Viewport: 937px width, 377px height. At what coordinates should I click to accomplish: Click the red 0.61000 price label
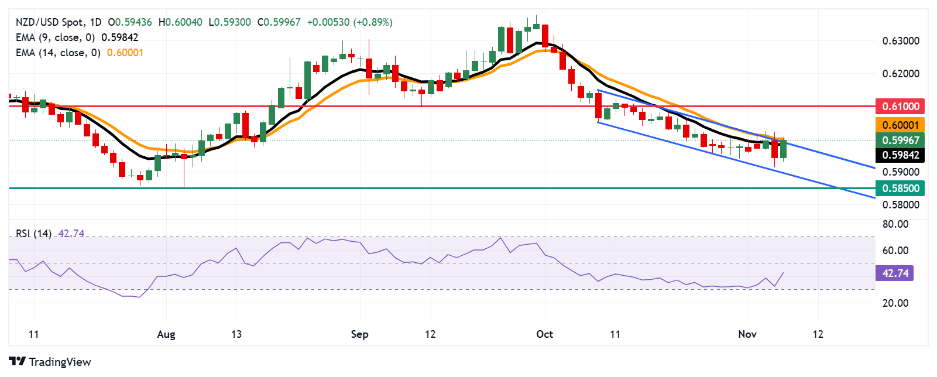tap(900, 107)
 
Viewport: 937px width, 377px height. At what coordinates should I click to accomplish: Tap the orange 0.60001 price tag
tap(900, 125)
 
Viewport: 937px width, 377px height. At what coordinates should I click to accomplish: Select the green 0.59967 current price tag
tap(900, 140)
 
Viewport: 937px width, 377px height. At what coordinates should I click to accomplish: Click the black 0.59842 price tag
tap(900, 155)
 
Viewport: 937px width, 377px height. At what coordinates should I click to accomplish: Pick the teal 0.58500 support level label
tap(900, 188)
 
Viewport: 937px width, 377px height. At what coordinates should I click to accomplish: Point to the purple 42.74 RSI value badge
tap(895, 273)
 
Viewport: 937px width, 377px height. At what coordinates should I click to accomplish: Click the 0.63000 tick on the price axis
tap(900, 41)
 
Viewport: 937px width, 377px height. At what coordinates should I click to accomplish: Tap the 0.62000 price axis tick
tap(900, 74)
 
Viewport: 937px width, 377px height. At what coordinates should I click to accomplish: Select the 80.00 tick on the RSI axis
tap(895, 224)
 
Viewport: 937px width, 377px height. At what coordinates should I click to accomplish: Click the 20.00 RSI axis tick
tap(895, 303)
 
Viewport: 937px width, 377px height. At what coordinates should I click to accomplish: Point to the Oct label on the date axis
tap(544, 334)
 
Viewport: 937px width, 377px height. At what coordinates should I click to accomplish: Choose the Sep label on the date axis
tap(359, 334)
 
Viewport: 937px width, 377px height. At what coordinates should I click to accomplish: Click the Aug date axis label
tap(166, 334)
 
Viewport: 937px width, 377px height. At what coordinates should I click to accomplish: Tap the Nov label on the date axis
tap(747, 334)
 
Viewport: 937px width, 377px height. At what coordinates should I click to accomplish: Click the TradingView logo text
tap(60, 362)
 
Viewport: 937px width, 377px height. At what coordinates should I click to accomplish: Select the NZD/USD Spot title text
tap(50, 22)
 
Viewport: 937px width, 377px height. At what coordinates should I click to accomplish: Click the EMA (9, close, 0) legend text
tap(55, 37)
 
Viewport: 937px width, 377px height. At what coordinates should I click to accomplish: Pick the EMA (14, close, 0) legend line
tap(58, 53)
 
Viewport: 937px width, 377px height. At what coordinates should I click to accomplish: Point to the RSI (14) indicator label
tap(33, 234)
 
